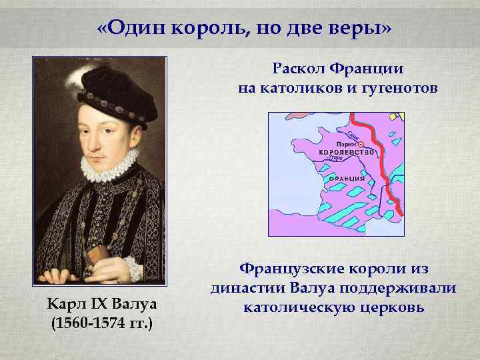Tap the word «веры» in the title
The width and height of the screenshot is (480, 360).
(359, 29)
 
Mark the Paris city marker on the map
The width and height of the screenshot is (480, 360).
(361, 143)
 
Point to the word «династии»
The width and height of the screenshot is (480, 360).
(249, 289)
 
